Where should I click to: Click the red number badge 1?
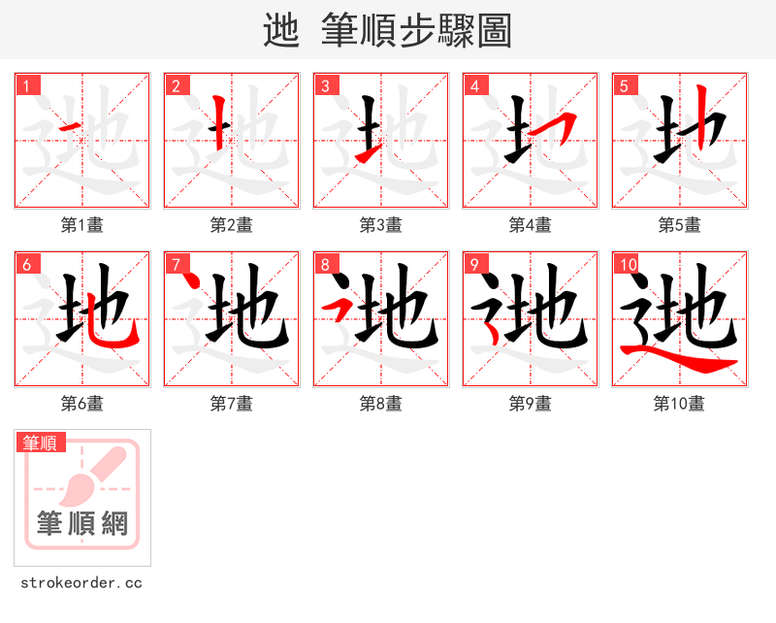point(28,86)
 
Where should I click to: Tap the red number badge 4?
point(475,86)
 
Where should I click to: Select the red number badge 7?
point(177,265)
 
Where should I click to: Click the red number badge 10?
point(627,265)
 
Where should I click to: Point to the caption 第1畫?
point(82,225)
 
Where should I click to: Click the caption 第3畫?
point(381,225)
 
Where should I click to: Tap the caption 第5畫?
point(680,225)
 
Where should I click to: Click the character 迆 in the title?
point(281,31)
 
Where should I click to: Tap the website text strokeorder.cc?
point(81,583)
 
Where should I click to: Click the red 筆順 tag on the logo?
point(42,443)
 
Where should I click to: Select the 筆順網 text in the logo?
point(82,524)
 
